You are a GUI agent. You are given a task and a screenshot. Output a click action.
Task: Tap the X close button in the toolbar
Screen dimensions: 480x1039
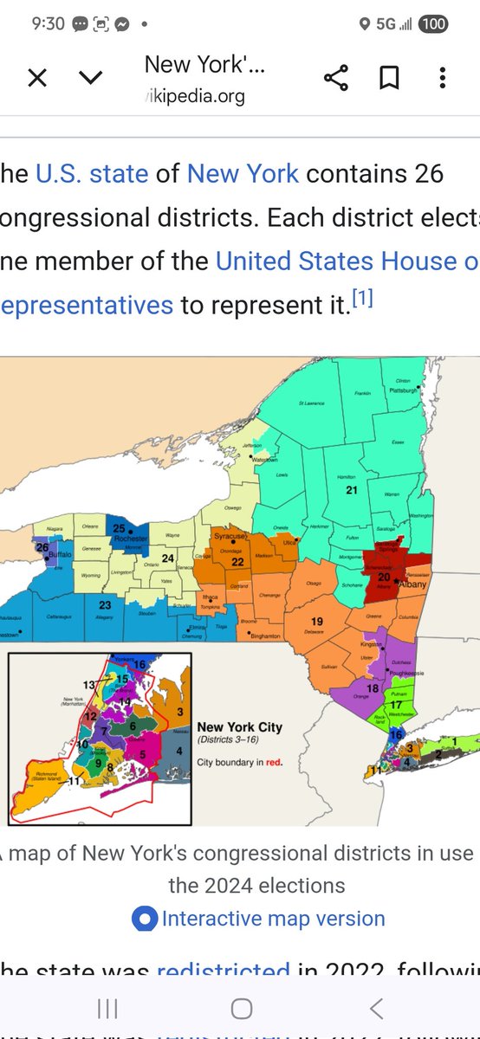click(37, 79)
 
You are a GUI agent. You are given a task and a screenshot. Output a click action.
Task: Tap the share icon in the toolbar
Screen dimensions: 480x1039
click(335, 79)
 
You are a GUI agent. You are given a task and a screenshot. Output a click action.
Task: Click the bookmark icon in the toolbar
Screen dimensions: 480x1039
click(389, 79)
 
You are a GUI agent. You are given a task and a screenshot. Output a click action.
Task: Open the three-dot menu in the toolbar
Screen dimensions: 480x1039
click(443, 79)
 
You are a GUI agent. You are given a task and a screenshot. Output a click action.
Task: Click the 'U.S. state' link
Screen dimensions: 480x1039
click(92, 173)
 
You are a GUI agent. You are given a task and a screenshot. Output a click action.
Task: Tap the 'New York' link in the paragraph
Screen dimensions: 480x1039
click(243, 173)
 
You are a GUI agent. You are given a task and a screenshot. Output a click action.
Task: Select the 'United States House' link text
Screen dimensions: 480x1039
click(347, 261)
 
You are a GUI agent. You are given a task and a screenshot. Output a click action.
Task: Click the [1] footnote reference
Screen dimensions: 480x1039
click(361, 300)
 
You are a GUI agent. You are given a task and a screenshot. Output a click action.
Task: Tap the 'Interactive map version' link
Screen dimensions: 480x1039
click(273, 919)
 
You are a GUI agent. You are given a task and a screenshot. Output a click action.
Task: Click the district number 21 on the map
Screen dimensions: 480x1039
click(352, 490)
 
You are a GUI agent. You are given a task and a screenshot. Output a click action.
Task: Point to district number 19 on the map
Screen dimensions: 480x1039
click(317, 622)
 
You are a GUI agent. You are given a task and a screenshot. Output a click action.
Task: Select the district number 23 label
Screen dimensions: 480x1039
click(105, 605)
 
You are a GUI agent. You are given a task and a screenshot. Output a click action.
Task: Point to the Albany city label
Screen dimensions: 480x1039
click(416, 584)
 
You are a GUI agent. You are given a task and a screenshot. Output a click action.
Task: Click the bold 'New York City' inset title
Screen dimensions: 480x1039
click(240, 727)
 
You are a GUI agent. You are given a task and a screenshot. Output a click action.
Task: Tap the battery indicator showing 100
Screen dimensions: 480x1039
click(433, 24)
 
